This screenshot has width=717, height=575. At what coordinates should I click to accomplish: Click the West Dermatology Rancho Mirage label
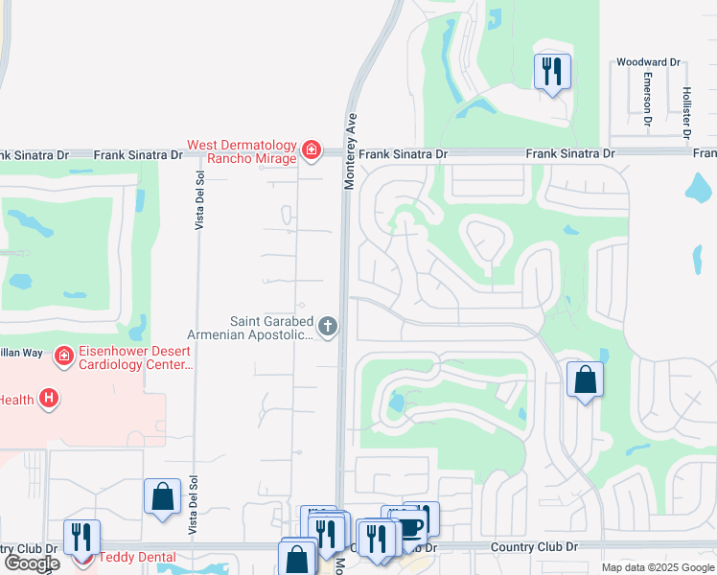241,151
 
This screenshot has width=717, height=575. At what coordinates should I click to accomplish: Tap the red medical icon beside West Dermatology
311,149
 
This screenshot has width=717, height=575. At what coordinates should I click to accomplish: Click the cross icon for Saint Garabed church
328,327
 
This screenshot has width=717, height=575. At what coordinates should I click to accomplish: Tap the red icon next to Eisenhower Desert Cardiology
63,356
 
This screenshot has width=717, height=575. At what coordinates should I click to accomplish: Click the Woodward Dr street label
648,62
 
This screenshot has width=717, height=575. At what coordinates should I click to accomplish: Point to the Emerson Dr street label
648,100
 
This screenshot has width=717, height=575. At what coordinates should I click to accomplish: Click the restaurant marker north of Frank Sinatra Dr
552,72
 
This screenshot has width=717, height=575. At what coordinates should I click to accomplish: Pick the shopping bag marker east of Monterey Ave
585,380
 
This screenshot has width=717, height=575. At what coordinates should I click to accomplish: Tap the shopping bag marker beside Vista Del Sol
162,496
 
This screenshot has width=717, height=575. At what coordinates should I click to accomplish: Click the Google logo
32,563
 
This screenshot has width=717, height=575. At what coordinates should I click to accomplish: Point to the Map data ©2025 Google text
658,567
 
